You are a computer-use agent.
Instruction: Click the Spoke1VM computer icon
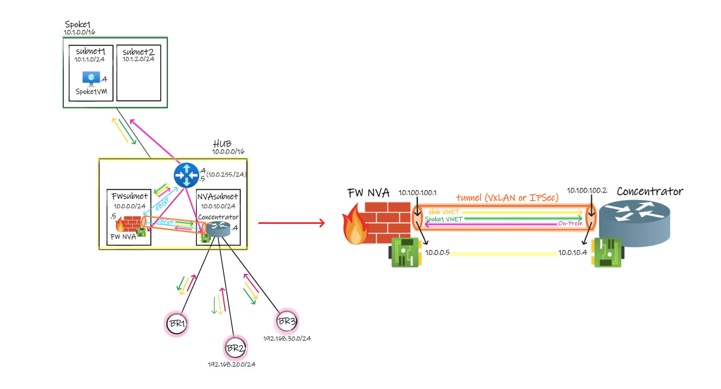click(91, 79)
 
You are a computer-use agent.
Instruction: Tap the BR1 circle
click(177, 324)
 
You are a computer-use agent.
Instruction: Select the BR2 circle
click(235, 348)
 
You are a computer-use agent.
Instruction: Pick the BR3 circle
click(286, 321)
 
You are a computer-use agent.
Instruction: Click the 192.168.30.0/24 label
click(287, 339)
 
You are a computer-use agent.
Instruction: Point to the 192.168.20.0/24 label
click(231, 365)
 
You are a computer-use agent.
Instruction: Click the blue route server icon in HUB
click(186, 175)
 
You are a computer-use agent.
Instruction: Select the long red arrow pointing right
click(291, 223)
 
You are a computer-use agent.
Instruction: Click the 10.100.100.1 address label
click(418, 193)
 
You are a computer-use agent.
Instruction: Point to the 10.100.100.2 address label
click(586, 190)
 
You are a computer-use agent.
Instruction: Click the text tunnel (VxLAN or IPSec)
click(507, 198)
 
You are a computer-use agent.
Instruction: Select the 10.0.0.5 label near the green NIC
click(437, 252)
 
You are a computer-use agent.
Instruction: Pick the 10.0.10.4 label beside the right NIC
click(572, 252)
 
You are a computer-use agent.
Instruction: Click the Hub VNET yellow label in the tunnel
click(444, 212)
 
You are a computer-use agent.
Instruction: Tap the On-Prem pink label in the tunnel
click(570, 223)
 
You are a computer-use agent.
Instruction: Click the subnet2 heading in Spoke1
click(138, 52)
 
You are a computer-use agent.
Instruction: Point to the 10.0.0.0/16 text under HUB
click(228, 152)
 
